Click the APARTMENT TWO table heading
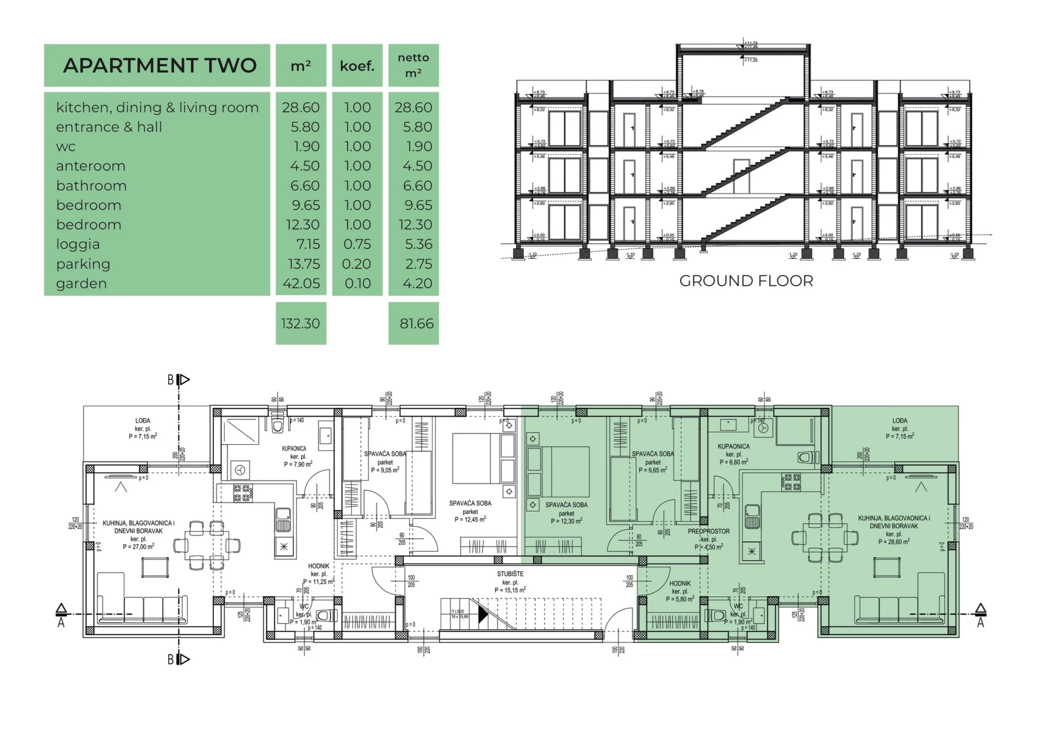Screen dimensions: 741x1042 click(x=160, y=66)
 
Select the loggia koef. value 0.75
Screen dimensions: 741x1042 click(x=357, y=244)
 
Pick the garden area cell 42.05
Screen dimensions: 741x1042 click(x=301, y=283)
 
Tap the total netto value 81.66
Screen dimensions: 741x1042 click(x=416, y=323)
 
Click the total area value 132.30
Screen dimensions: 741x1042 click(x=301, y=323)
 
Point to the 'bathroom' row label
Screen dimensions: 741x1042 click(x=91, y=186)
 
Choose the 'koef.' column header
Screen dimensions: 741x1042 click(x=357, y=66)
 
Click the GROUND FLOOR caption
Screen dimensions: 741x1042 click(x=746, y=281)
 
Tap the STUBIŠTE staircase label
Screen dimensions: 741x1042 click(x=510, y=574)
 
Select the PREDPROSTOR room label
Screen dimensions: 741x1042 click(x=709, y=532)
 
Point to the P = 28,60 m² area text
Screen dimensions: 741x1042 click(x=894, y=541)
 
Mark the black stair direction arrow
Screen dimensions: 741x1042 click(x=482, y=615)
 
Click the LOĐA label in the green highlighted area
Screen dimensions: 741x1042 click(x=900, y=420)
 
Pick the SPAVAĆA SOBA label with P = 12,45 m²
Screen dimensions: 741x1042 click(x=470, y=503)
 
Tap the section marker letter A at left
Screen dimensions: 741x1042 click(x=61, y=623)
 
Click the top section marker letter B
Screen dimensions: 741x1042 click(x=170, y=380)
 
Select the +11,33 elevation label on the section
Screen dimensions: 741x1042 click(x=751, y=60)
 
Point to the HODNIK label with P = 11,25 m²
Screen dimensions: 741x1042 click(x=319, y=566)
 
